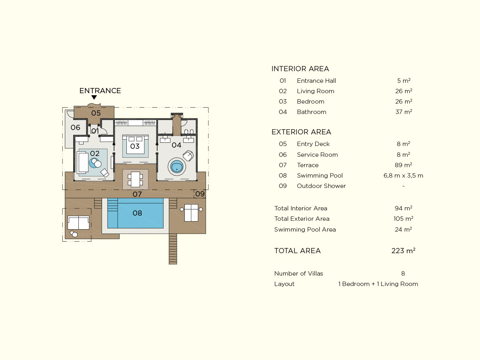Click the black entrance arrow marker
(x=94, y=97)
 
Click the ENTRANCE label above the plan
(x=100, y=91)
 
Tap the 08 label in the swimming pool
(x=137, y=213)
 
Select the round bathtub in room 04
(x=177, y=167)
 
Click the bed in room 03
(x=136, y=144)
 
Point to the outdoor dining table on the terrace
(x=135, y=180)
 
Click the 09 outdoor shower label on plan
(x=200, y=194)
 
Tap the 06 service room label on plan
(x=76, y=128)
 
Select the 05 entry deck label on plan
(x=96, y=113)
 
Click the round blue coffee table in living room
(x=94, y=163)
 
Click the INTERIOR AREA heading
(x=300, y=69)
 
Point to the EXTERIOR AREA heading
(x=301, y=132)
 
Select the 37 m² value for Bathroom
(x=404, y=112)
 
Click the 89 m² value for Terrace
(x=404, y=165)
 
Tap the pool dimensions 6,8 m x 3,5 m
(x=403, y=176)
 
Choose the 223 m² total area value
(x=403, y=250)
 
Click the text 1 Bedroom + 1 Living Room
(x=378, y=284)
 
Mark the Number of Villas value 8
(x=403, y=274)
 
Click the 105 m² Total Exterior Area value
(x=404, y=218)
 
